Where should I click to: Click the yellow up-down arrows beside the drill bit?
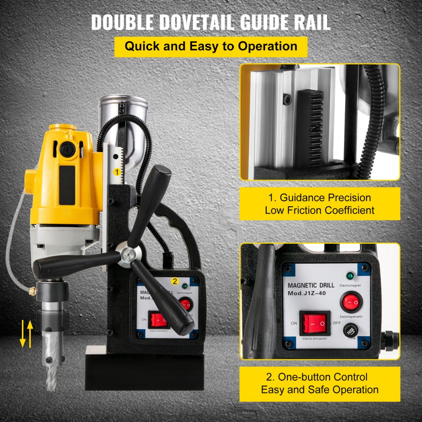26,333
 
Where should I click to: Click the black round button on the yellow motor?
66,149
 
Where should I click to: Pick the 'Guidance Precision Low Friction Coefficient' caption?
319,204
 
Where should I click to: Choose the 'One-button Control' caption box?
319,383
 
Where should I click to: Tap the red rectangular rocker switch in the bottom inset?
315,323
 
